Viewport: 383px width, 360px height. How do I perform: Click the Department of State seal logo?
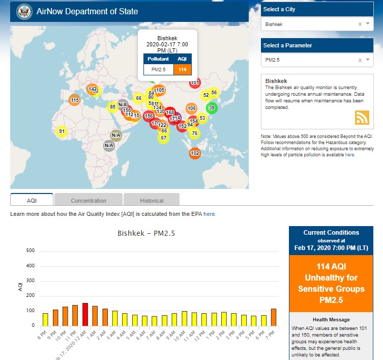[x=24, y=11]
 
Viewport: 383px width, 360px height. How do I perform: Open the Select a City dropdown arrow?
[x=368, y=24]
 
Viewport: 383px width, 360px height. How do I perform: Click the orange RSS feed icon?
[x=362, y=117]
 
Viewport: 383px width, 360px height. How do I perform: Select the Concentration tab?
[x=89, y=200]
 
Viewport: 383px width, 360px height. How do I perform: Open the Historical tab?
[x=152, y=200]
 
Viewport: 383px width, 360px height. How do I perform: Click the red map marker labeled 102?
[x=195, y=153]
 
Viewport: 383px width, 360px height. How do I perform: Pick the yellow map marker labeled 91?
[x=62, y=131]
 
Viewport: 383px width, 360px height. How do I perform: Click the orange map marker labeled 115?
[x=74, y=100]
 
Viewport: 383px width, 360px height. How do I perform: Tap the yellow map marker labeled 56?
[x=214, y=93]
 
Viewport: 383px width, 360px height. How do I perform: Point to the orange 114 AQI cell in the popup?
[x=182, y=69]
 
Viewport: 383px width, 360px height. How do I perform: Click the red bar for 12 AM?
[x=85, y=314]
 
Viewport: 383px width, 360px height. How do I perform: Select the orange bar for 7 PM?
[x=274, y=317]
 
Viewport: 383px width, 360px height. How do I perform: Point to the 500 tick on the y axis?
[x=30, y=251]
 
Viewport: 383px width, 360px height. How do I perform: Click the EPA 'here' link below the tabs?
[x=210, y=214]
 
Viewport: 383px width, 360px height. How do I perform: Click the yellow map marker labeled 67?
[x=163, y=138]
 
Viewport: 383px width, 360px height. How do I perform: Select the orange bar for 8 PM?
[x=45, y=319]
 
